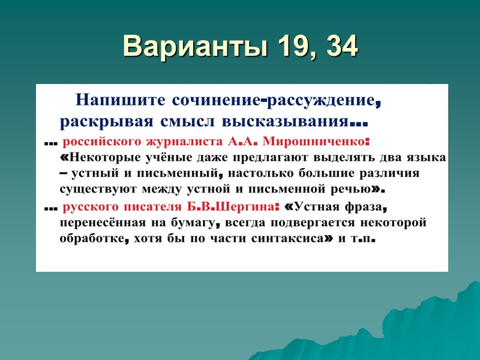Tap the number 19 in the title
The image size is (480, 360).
tap(278, 46)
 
